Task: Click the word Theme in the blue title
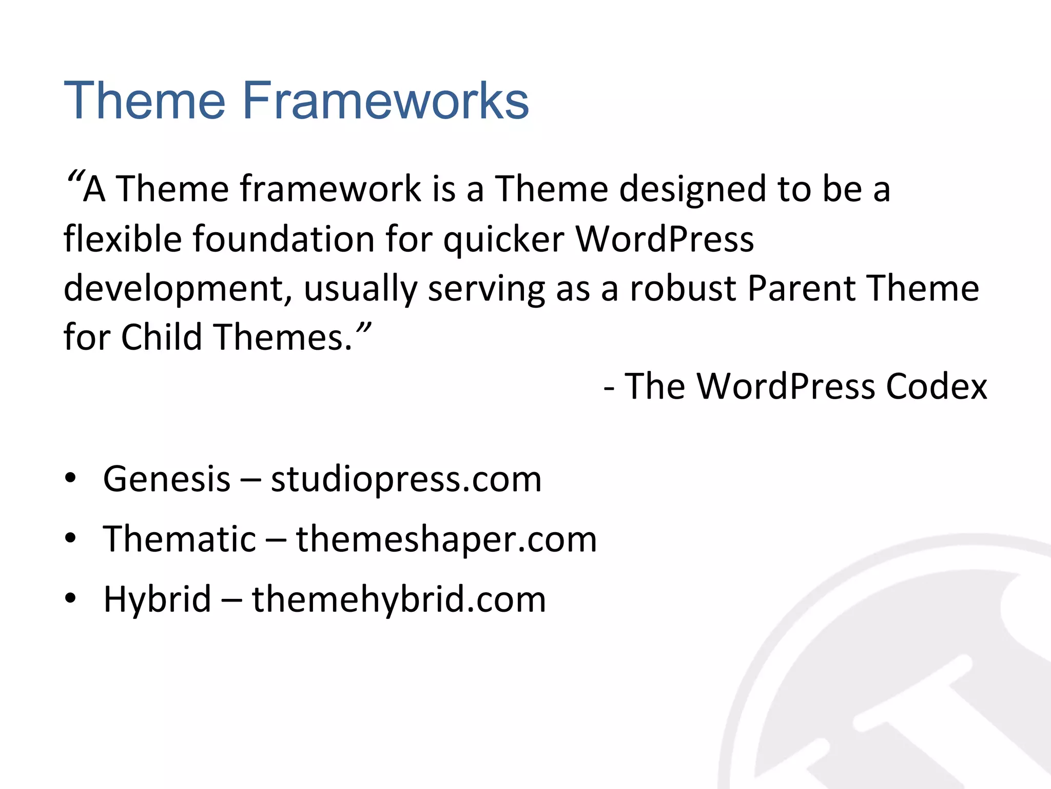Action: point(144,101)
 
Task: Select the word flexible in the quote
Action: point(123,239)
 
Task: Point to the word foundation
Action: point(284,239)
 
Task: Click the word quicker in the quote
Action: point(503,240)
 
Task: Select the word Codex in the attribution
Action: point(936,386)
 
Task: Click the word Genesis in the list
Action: point(167,479)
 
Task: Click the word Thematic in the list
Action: point(179,539)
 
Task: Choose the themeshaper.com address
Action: point(446,540)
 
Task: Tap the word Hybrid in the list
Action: point(157,599)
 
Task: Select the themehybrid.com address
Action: point(399,599)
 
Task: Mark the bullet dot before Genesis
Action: point(70,478)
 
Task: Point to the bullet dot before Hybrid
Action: point(70,598)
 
